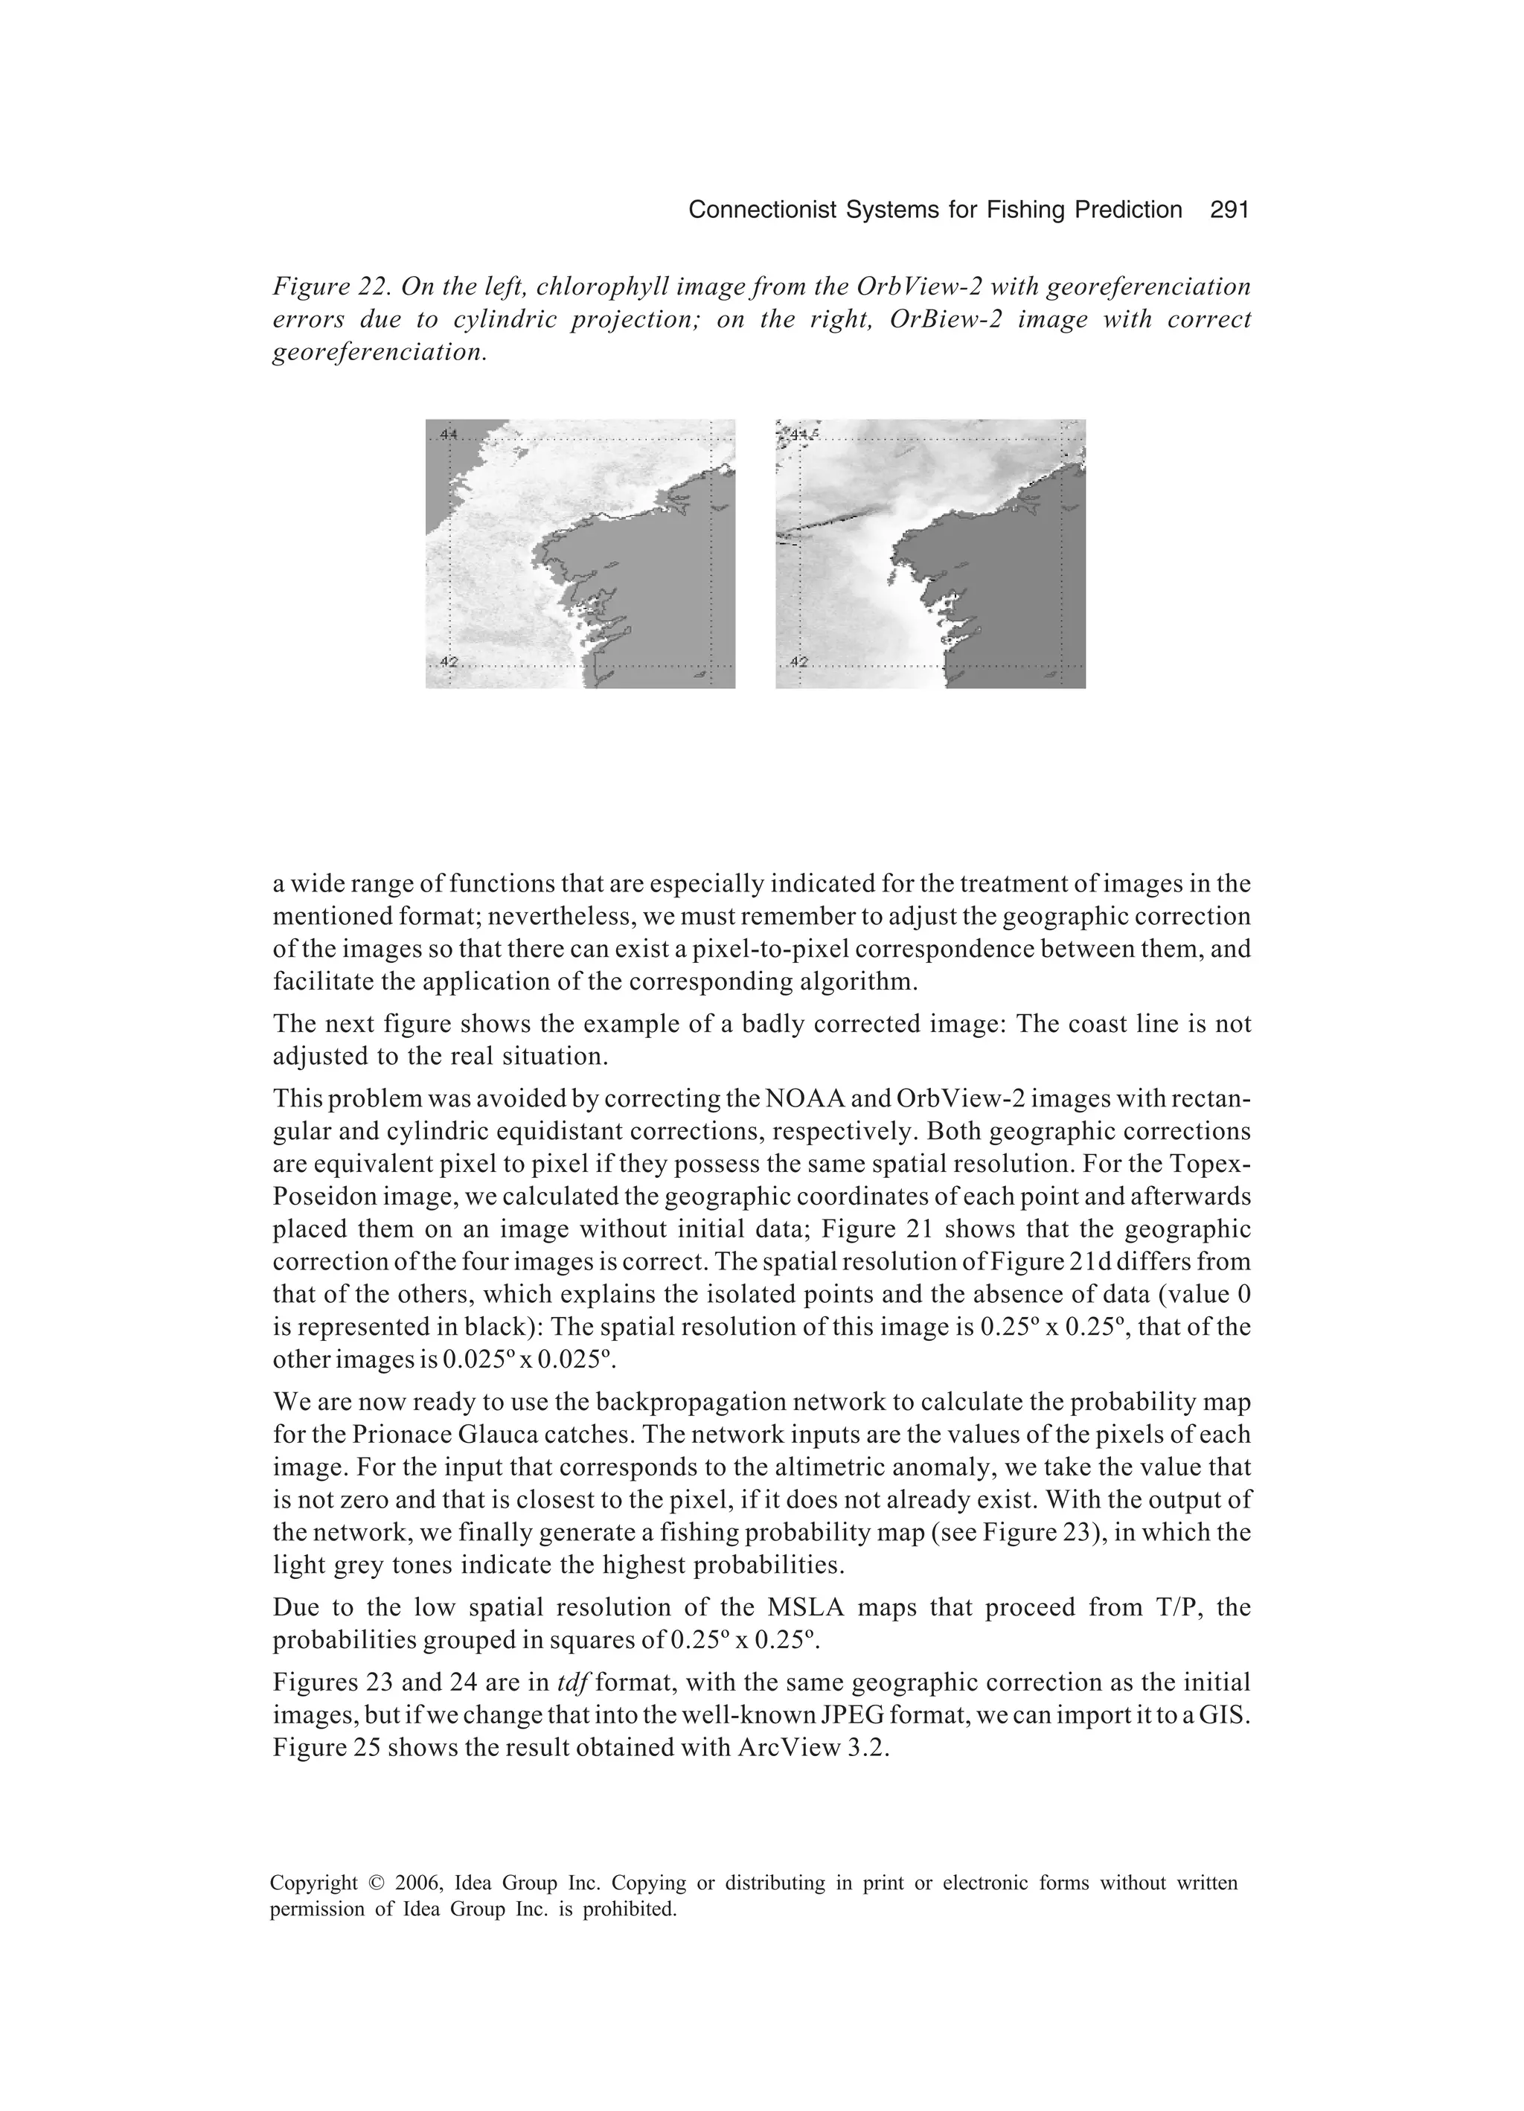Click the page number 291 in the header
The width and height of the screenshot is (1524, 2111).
[x=1228, y=211]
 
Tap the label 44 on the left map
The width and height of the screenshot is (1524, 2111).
[x=448, y=434]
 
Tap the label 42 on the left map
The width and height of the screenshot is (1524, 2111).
[x=448, y=662]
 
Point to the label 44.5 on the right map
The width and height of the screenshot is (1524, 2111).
[x=802, y=434]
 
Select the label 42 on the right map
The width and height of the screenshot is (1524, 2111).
[x=798, y=662]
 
